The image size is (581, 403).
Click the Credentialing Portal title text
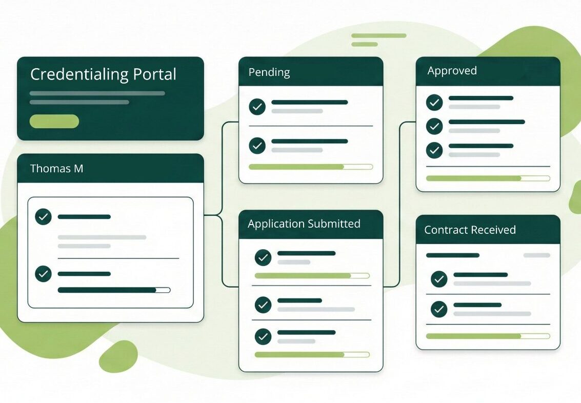pyautogui.click(x=103, y=74)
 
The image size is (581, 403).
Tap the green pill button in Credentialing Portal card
pyautogui.click(x=54, y=122)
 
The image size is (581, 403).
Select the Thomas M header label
pyautogui.click(x=56, y=168)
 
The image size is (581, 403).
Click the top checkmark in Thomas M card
pyautogui.click(x=44, y=217)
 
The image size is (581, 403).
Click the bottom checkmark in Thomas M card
pyautogui.click(x=44, y=274)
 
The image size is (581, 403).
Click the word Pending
pyautogui.click(x=269, y=72)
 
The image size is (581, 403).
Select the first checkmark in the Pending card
pyautogui.click(x=257, y=107)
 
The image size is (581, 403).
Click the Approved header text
pyautogui.click(x=452, y=71)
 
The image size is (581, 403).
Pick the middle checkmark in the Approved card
pyautogui.click(x=434, y=126)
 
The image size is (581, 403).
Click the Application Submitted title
pyautogui.click(x=304, y=224)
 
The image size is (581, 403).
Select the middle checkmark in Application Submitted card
pyautogui.click(x=263, y=305)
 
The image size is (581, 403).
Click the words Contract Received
pyautogui.click(x=470, y=230)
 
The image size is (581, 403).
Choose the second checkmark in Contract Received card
pyautogui.click(x=439, y=309)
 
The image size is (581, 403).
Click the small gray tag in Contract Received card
pyautogui.click(x=536, y=255)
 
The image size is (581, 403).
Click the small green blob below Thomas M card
pyautogui.click(x=118, y=356)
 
